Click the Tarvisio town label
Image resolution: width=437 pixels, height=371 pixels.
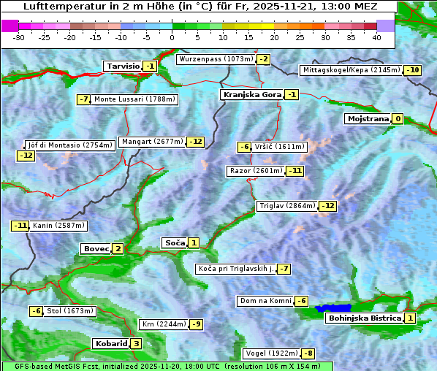tap(122, 66)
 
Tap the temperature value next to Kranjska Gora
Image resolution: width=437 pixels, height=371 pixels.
tap(292, 94)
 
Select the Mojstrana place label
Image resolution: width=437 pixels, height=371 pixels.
tap(368, 118)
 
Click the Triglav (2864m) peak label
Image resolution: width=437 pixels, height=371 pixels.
tap(287, 206)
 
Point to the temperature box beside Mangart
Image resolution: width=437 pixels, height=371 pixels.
tap(195, 142)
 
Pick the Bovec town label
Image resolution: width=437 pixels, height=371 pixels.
tap(96, 248)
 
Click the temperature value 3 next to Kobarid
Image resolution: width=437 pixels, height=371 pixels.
tap(136, 343)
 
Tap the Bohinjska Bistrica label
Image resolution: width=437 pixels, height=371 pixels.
tap(364, 318)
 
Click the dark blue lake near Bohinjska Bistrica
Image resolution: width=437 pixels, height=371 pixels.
tap(333, 309)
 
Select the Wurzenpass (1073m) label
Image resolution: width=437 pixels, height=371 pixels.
tap(216, 59)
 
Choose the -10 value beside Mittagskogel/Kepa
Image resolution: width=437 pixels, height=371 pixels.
tap(413, 70)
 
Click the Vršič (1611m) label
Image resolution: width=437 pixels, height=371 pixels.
tap(281, 147)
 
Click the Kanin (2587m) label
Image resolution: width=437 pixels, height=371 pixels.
tap(58, 226)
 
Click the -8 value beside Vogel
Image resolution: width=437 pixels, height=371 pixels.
tap(309, 353)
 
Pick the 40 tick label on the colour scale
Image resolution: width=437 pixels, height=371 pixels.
tap(376, 37)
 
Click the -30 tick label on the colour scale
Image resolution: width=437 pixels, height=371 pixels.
tap(19, 37)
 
